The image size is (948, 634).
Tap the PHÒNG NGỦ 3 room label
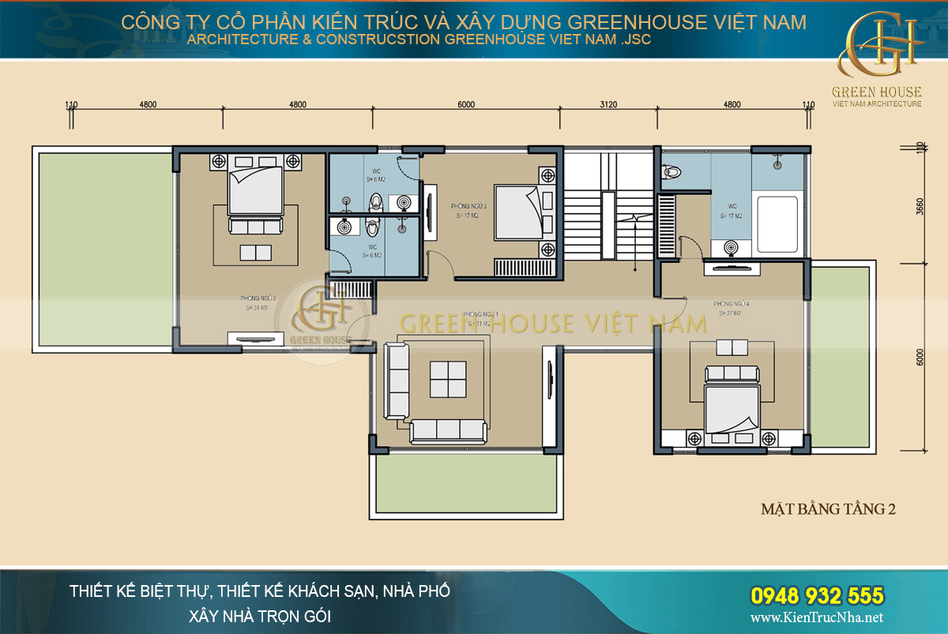click(x=468, y=210)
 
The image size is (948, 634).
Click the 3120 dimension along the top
click(x=608, y=104)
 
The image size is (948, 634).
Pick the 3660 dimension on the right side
click(x=920, y=207)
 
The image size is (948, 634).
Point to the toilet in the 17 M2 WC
click(x=672, y=171)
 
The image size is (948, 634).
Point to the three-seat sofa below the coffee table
click(x=448, y=430)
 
